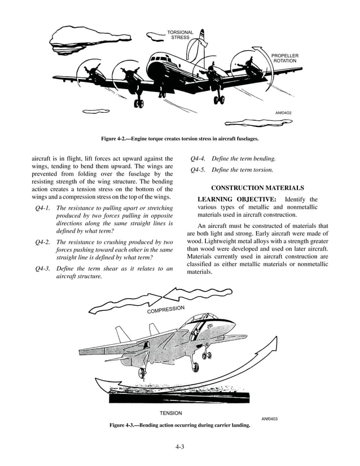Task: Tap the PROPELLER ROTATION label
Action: tap(284, 58)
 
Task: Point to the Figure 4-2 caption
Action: tap(179, 138)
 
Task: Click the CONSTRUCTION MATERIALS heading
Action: tap(257, 187)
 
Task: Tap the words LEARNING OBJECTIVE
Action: tap(237, 199)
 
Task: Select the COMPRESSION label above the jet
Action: tap(165, 310)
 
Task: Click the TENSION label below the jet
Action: tap(171, 413)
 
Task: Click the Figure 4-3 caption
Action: tap(179, 425)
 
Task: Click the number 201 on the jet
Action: tap(210, 328)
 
